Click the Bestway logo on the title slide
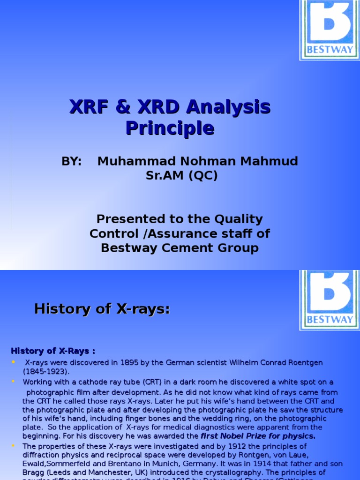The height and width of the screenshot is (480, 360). (330, 30)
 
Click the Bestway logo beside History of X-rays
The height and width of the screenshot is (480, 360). (330, 300)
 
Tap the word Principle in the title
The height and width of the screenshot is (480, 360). (170, 127)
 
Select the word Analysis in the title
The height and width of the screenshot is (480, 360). (228, 107)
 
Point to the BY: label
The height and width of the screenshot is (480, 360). (72, 161)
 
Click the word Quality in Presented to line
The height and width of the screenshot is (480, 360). (239, 219)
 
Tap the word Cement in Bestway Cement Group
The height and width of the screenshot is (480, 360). (182, 248)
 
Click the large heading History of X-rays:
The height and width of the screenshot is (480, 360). (102, 309)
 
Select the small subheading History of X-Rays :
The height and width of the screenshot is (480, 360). (53, 351)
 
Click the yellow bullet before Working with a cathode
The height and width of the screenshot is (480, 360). (13, 382)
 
